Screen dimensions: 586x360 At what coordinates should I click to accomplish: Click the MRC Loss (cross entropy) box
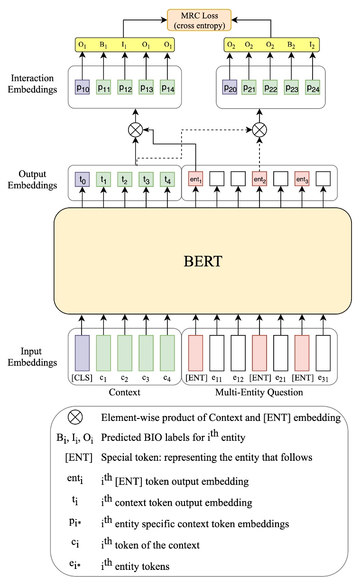pos(199,20)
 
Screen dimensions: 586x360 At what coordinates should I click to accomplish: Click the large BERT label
pos(203,261)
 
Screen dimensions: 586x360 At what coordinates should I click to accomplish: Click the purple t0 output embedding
pos(83,178)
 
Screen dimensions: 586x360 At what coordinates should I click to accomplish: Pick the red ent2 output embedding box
pos(259,178)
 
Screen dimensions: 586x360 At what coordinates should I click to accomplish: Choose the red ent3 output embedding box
pos(302,178)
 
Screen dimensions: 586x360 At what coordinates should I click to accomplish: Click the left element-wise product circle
pos(136,129)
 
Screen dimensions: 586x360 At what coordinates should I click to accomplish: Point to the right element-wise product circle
pos(259,129)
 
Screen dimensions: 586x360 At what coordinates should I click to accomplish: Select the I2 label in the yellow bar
pos(312,46)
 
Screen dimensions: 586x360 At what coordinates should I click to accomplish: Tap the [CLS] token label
pos(83,378)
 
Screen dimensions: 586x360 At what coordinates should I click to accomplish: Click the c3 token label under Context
pos(146,378)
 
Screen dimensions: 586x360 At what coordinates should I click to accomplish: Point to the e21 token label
pos(281,378)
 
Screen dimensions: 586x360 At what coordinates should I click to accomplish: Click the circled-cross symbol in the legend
pos(75,418)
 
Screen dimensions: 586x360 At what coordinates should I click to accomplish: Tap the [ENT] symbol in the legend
pos(75,458)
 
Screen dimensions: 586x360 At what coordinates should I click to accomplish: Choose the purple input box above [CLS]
pos(83,353)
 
